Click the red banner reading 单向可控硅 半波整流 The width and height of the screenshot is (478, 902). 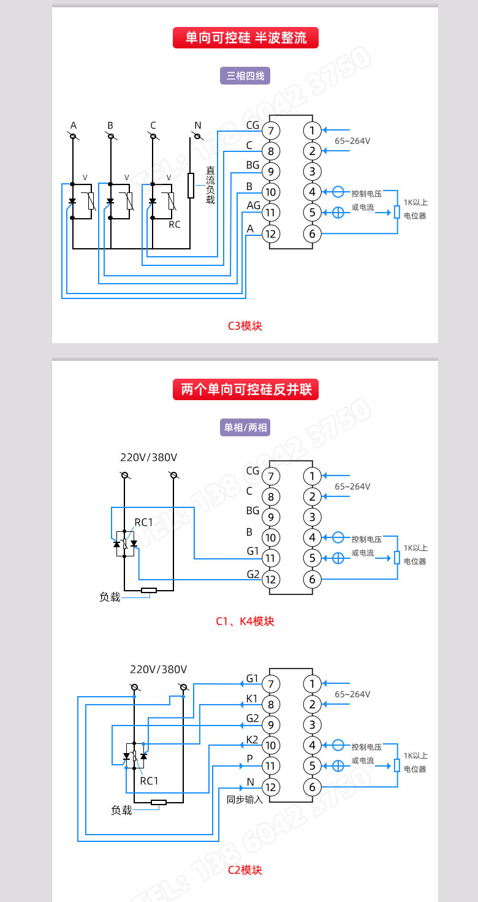[246, 38]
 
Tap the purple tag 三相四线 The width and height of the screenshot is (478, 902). [245, 76]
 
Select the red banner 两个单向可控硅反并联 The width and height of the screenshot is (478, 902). [246, 389]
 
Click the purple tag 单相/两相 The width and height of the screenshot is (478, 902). [245, 428]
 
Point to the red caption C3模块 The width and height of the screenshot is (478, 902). [245, 326]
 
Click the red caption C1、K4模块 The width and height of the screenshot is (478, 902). [245, 621]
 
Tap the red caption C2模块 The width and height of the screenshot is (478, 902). [245, 870]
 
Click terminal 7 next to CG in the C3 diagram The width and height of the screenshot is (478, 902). [271, 131]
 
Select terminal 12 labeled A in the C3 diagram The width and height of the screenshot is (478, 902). [271, 233]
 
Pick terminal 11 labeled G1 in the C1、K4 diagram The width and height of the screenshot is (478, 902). [271, 558]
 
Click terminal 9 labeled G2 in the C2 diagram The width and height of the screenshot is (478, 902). [271, 724]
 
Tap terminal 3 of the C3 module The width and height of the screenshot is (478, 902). [312, 172]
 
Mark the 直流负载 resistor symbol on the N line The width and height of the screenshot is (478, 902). [191, 185]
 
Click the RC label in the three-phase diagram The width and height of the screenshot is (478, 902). [175, 225]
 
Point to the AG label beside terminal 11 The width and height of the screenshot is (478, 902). [253, 205]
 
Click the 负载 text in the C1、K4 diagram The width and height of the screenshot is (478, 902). [110, 597]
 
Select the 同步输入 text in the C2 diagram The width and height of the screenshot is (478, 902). [245, 800]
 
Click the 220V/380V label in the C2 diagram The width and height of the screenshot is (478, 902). [159, 669]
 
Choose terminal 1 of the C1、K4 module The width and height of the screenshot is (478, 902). [312, 476]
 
